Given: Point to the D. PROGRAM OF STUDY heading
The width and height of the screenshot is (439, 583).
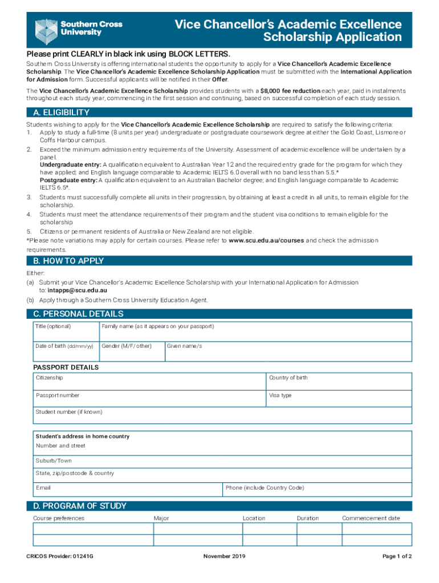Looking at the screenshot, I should pyautogui.click(x=80, y=506).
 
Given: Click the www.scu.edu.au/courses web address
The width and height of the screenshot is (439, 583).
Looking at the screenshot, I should pyautogui.click(x=266, y=241).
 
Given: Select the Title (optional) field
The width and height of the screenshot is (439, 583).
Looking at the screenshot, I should pyautogui.click(x=65, y=331).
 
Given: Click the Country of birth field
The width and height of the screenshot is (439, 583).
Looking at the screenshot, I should pyautogui.click(x=339, y=382).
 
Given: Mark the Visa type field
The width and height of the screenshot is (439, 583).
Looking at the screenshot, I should pyautogui.click(x=339, y=399).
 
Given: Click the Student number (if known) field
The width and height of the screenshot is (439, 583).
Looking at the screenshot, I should pyautogui.click(x=222, y=416).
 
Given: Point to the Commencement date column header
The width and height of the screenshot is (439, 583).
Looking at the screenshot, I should pyautogui.click(x=371, y=518).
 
